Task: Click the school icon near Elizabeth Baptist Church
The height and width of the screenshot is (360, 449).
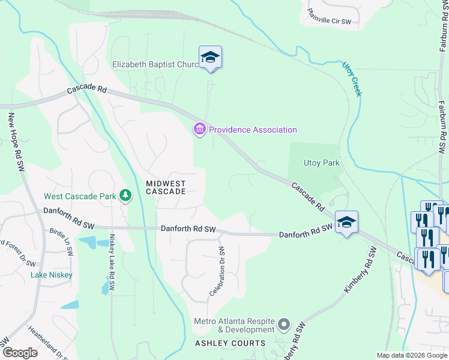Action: pyautogui.click(x=210, y=58)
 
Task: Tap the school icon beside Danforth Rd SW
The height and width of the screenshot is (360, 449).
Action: pyautogui.click(x=346, y=223)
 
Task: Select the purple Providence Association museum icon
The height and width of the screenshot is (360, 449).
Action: pyautogui.click(x=199, y=129)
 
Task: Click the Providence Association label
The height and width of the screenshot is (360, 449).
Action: pyautogui.click(x=253, y=130)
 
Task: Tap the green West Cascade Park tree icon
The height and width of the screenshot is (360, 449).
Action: pyautogui.click(x=125, y=195)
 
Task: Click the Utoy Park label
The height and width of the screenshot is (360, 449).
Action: pyautogui.click(x=322, y=163)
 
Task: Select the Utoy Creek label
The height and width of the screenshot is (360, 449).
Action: pyautogui.click(x=352, y=78)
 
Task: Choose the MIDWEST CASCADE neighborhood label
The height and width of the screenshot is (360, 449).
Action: pyautogui.click(x=166, y=187)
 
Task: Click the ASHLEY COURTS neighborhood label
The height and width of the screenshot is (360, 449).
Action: pyautogui.click(x=230, y=343)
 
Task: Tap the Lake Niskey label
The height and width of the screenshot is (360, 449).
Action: pyautogui.click(x=52, y=275)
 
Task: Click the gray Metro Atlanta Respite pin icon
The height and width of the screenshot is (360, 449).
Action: pyautogui.click(x=285, y=325)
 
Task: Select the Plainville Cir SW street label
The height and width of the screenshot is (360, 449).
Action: pyautogui.click(x=329, y=16)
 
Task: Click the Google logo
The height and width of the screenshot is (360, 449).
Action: pyautogui.click(x=20, y=353)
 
